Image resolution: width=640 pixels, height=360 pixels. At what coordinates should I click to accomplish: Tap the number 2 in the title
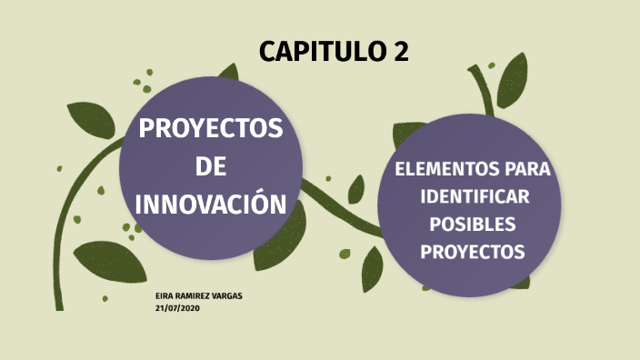(401, 53)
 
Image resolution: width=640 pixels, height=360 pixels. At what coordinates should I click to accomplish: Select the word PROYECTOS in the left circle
(211, 130)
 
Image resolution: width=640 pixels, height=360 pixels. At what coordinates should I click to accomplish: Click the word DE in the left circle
(211, 167)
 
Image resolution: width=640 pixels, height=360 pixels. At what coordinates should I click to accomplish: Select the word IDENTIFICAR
(474, 197)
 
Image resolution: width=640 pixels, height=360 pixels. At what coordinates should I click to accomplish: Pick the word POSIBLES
(473, 224)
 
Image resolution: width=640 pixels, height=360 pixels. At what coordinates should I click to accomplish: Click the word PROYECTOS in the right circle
(473, 251)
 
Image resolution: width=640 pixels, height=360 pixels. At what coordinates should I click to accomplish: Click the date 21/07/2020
(177, 308)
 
